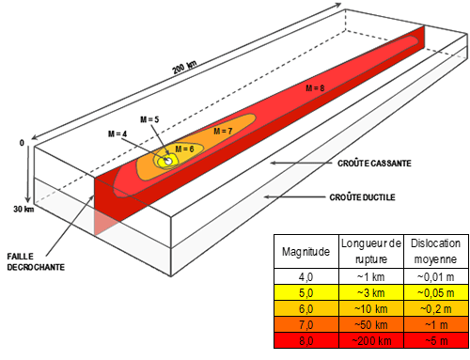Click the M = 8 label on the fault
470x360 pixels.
coord(316,87)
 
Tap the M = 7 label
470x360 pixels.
coord(222,131)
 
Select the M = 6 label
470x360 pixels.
coord(184,149)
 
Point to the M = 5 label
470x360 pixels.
coord(149,119)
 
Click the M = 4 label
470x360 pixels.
coord(118,134)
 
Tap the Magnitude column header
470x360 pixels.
coord(305,251)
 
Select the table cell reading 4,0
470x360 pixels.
coord(305,277)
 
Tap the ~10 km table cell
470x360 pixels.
coord(368,308)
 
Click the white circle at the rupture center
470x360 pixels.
coord(168,162)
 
